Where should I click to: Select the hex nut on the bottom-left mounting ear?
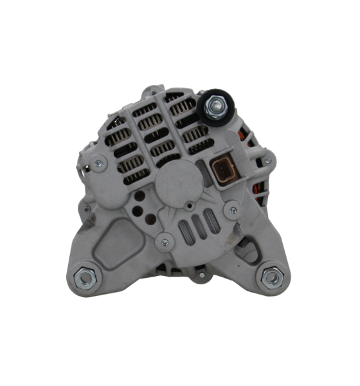(x=86, y=277)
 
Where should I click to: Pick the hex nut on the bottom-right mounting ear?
(x=271, y=277)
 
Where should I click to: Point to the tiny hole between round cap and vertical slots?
(x=189, y=206)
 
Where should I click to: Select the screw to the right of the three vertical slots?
(x=234, y=210)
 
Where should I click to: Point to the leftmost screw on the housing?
(x=87, y=208)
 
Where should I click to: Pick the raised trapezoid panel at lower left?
(x=120, y=235)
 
